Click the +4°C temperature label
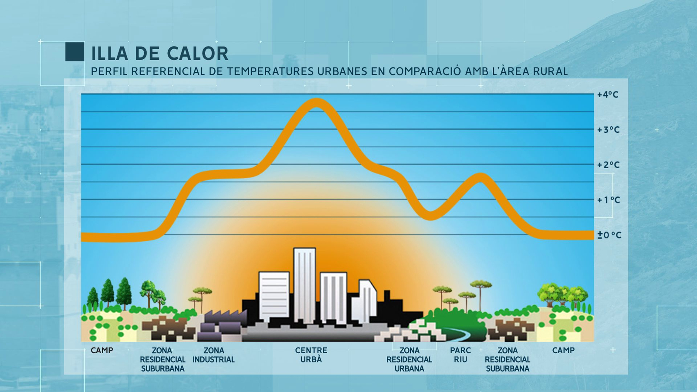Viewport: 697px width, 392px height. coord(607,95)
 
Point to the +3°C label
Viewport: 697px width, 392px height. coord(608,130)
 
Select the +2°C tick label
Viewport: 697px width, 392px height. coord(608,165)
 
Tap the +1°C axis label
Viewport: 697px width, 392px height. coord(608,200)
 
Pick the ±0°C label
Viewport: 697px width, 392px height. coord(609,235)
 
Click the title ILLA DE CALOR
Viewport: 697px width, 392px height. coord(159,54)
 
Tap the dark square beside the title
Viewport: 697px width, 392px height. coord(74,51)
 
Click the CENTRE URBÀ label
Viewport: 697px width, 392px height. coord(311,355)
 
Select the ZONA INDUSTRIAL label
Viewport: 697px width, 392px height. coord(213,355)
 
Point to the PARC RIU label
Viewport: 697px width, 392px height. coord(460,355)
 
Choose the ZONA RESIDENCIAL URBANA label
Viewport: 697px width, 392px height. coord(409,359)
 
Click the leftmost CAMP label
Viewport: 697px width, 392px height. coord(102,350)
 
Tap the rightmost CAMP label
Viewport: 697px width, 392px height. coord(563,350)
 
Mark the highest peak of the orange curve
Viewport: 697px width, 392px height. coord(317,104)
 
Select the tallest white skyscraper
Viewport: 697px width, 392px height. coord(305,285)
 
